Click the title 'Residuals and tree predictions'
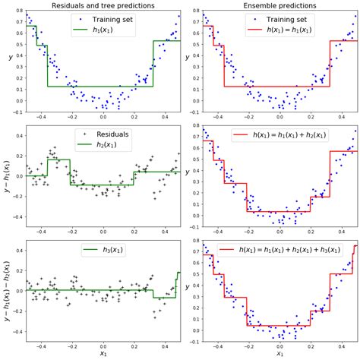103,6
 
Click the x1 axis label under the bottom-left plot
103,353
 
